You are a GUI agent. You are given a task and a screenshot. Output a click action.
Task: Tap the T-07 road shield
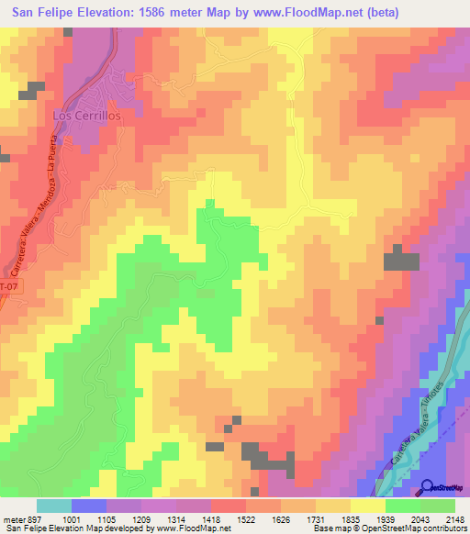[x=6, y=287]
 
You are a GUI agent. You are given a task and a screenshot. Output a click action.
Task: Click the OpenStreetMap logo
[x=442, y=487]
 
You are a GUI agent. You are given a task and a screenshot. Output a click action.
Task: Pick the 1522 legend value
[x=228, y=519]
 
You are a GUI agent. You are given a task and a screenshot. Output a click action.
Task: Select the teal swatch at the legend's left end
[x=53, y=506]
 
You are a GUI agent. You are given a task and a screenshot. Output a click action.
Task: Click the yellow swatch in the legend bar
[x=367, y=506]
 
